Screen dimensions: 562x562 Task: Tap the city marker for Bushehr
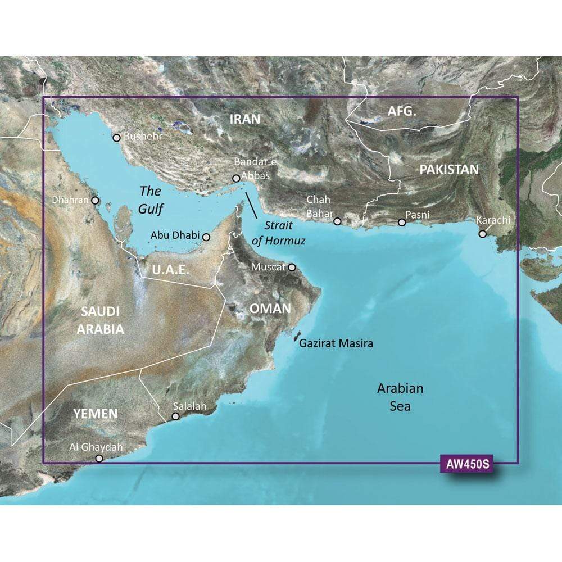pos(116,138)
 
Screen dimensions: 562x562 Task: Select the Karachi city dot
pos(482,234)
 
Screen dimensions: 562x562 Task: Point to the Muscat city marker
pos(292,268)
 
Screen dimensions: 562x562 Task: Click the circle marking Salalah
pos(176,417)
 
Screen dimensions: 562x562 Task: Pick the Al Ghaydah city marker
pos(99,459)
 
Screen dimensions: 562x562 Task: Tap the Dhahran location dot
pos(95,200)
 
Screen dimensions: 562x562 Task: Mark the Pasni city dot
pos(402,223)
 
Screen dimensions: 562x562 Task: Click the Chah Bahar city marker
pos(337,221)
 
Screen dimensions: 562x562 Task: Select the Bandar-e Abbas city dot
pos(236,179)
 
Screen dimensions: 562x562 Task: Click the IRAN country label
pos(245,119)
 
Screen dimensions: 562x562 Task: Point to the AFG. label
pos(402,112)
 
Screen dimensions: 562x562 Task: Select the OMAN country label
pos(270,309)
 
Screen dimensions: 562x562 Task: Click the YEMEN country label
pos(96,414)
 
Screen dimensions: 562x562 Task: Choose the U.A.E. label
pos(170,270)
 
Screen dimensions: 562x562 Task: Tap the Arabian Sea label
pos(400,397)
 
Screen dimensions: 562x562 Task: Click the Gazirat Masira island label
pos(336,343)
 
